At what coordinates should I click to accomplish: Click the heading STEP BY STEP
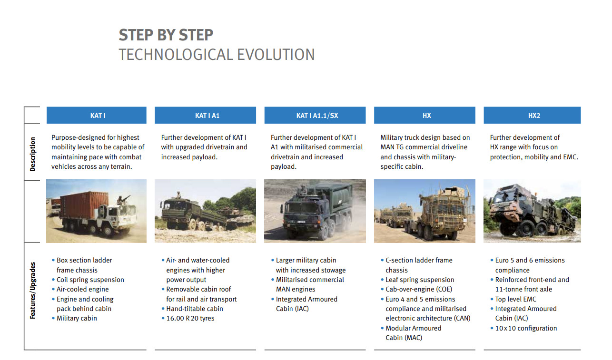166,35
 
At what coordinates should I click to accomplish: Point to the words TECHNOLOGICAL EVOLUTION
217,55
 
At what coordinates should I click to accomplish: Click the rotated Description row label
32,154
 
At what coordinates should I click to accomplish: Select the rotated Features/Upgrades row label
32,290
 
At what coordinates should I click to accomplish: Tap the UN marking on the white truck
113,218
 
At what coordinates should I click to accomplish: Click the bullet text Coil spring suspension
90,280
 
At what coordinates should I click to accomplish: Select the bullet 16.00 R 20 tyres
190,318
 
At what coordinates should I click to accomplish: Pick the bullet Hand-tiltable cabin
195,309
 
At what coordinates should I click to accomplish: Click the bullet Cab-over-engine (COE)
419,289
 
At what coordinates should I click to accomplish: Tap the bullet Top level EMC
515,299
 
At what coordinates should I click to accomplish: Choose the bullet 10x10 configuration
526,328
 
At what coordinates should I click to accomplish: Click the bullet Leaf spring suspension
420,280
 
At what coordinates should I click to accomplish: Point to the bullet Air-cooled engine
82,289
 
